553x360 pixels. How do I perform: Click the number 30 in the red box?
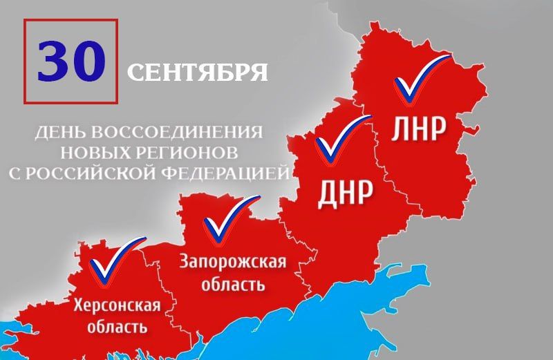(71, 61)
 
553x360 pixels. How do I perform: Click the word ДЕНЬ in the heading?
(59, 131)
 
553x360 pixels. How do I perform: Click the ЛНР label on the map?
(418, 129)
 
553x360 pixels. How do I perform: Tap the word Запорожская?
(232, 263)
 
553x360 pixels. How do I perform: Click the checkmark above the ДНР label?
(341, 139)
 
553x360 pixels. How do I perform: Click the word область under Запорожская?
(233, 284)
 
